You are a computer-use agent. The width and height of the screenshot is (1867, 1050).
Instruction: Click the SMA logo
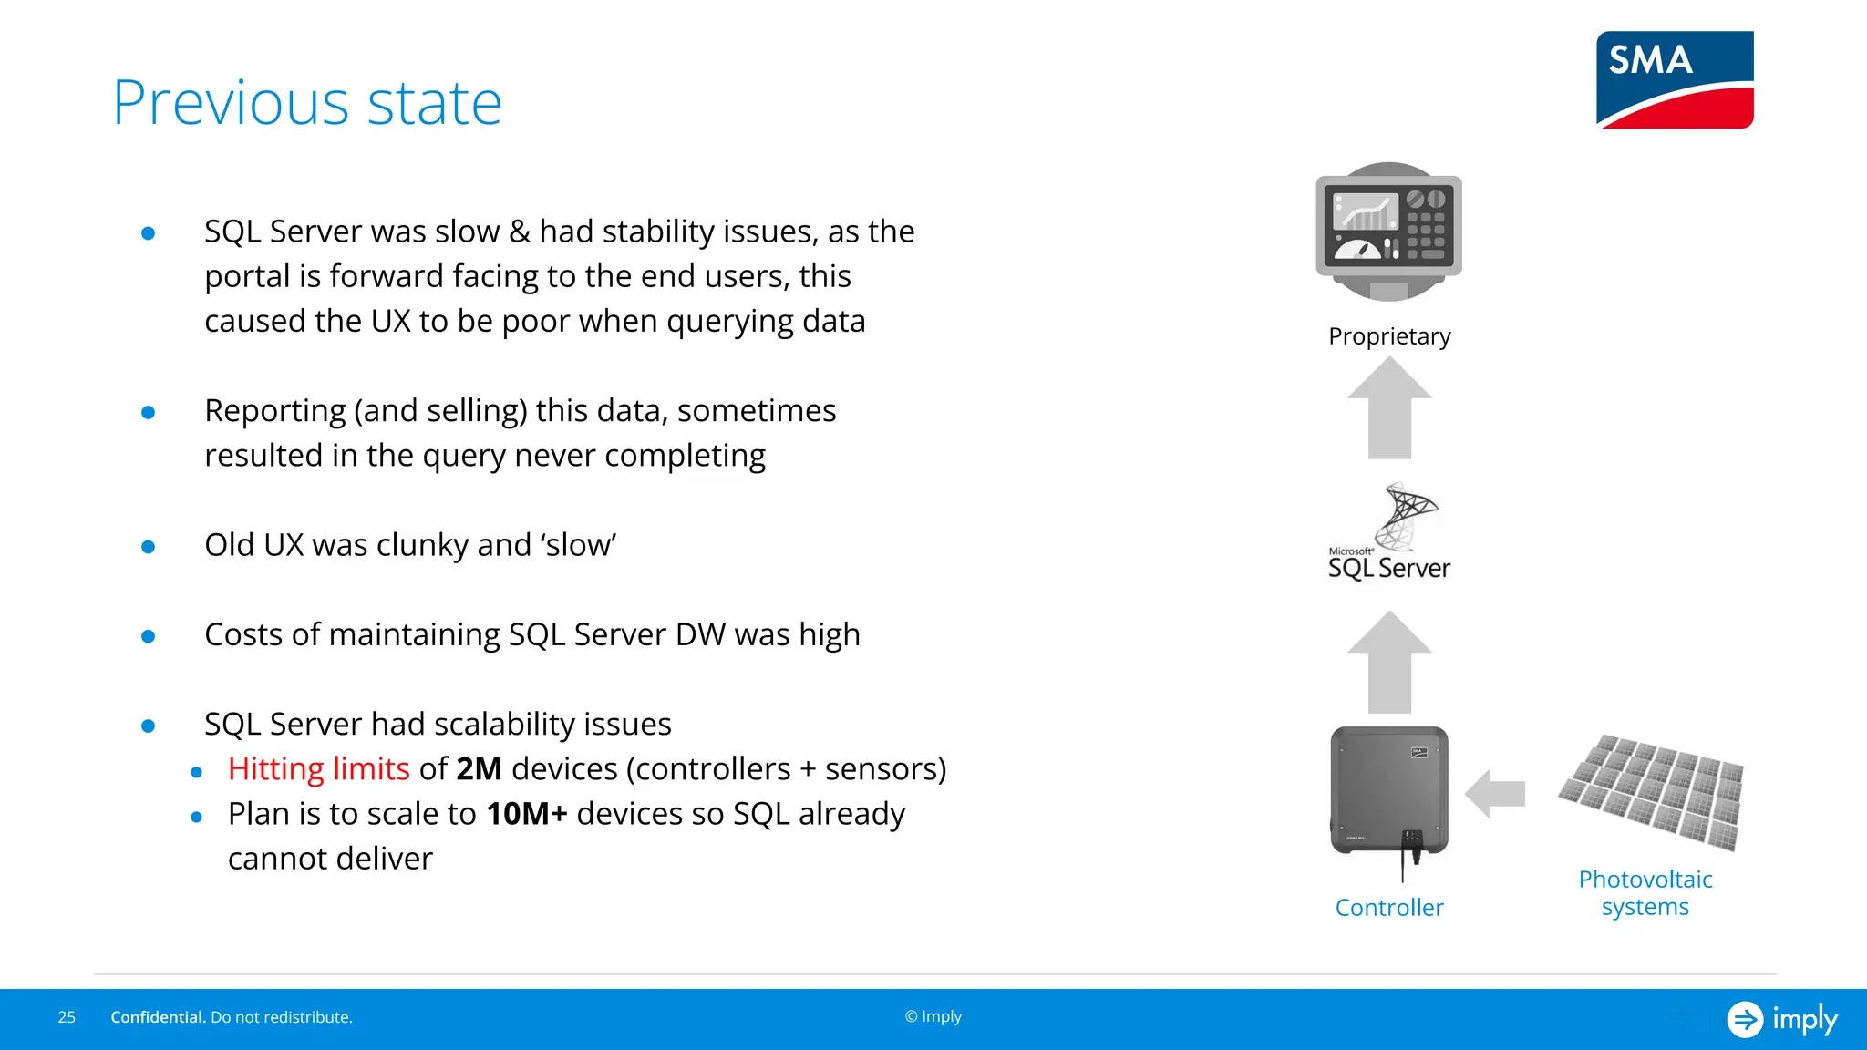tap(1675, 80)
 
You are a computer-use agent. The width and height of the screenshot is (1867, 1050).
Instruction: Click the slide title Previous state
tap(307, 103)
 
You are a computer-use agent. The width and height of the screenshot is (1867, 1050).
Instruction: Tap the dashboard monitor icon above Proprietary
tap(1388, 231)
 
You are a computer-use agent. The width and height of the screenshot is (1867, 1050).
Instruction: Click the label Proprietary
tap(1388, 336)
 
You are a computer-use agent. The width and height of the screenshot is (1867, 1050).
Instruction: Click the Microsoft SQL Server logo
tap(1387, 534)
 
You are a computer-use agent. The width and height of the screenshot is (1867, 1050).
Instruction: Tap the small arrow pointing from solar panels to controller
tap(1495, 793)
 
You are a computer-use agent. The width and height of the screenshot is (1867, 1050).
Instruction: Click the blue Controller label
tap(1388, 908)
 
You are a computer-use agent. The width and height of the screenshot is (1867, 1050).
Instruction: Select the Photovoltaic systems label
tap(1645, 893)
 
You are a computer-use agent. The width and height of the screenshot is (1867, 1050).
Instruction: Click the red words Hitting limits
tap(318, 769)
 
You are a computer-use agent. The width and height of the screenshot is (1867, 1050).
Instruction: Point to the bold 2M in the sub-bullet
tap(479, 769)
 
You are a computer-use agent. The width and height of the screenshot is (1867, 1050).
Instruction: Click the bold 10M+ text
tap(526, 814)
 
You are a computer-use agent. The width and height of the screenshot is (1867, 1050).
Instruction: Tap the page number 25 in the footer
tap(67, 1017)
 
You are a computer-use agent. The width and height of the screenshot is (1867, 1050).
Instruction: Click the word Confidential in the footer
tap(157, 1017)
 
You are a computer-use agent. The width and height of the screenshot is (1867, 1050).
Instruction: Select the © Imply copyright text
tap(933, 1016)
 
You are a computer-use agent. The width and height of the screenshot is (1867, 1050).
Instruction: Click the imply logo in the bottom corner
tap(1782, 1019)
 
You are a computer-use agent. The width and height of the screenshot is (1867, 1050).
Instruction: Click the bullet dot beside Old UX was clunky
tap(149, 547)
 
